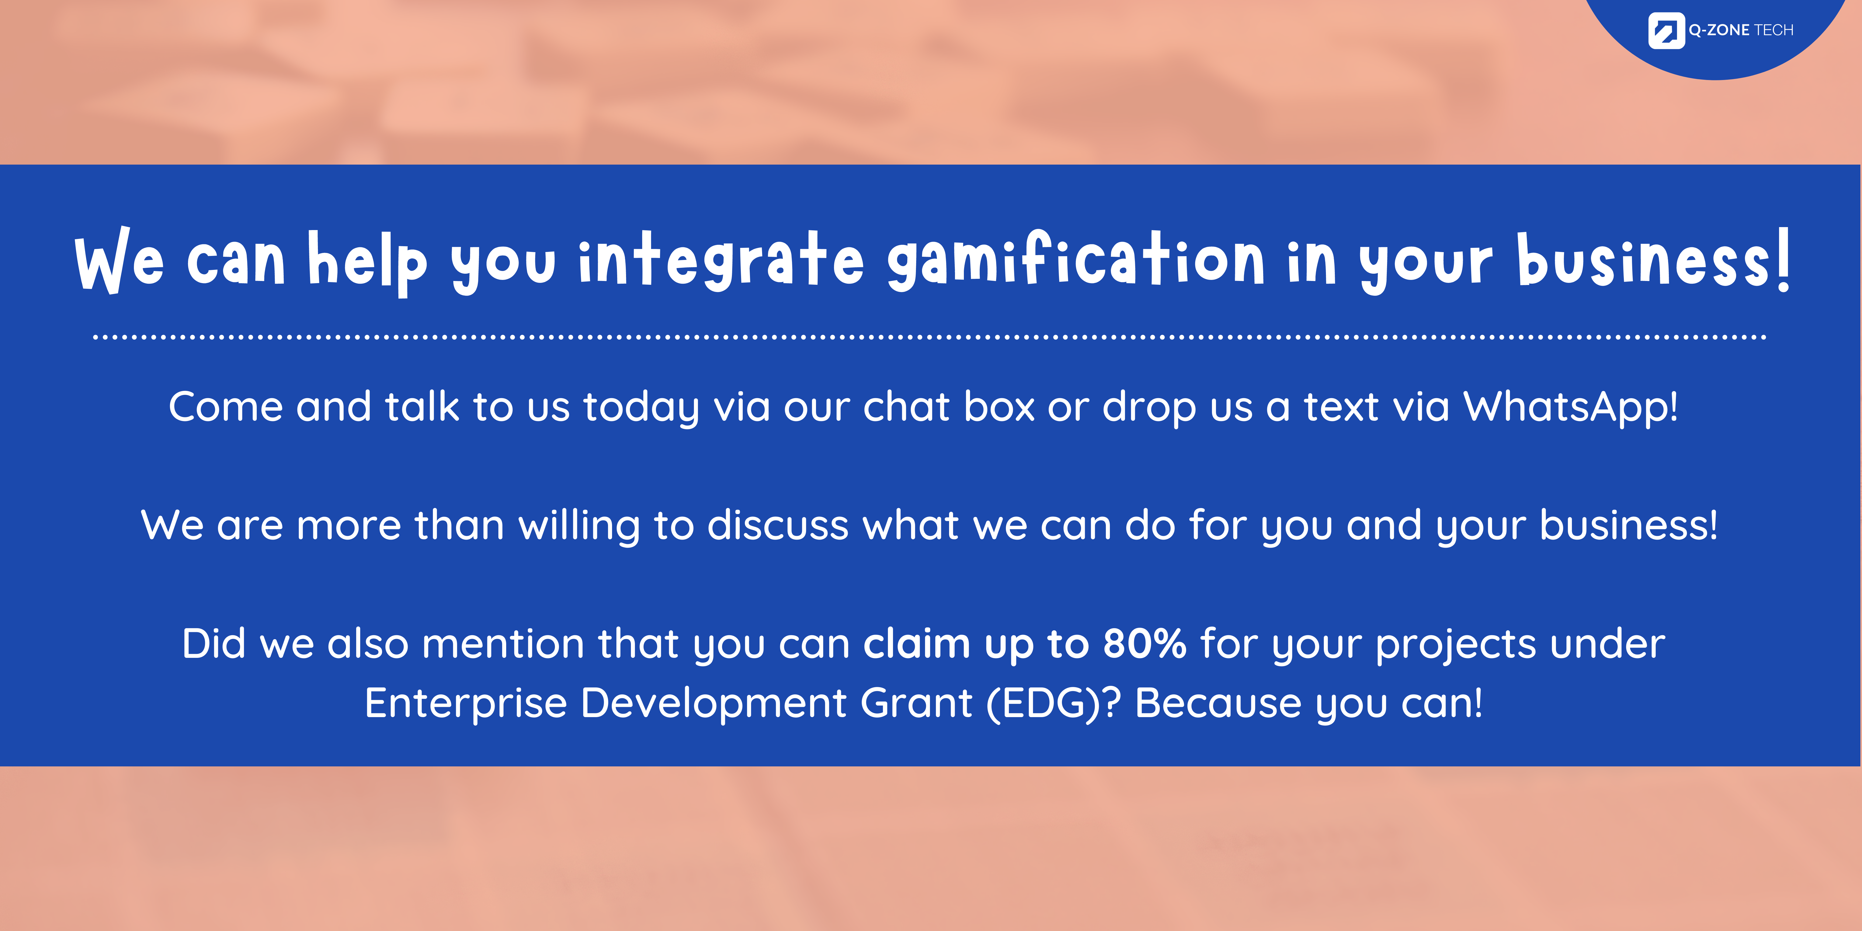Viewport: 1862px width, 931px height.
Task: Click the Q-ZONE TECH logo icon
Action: [1666, 30]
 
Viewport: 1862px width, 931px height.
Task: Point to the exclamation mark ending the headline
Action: [1783, 259]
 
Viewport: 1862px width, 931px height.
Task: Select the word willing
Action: [580, 526]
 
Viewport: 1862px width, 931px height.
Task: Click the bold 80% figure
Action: [1145, 643]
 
